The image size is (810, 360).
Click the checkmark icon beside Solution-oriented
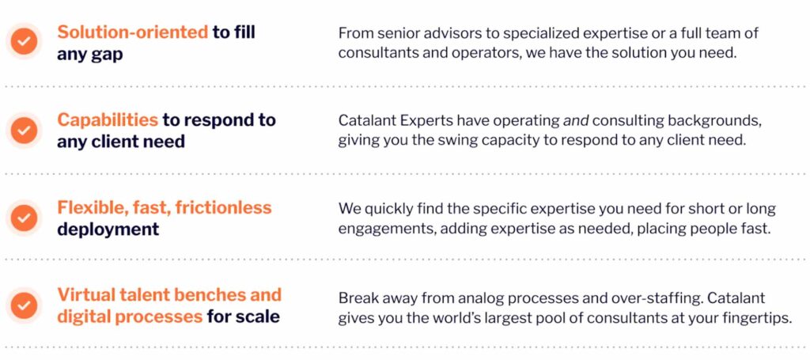pos(23,41)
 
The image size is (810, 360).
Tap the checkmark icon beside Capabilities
pos(23,130)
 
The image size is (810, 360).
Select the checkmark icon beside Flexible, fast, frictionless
pos(23,218)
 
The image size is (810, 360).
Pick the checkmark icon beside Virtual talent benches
pos(23,305)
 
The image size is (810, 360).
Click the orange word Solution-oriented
pos(132,32)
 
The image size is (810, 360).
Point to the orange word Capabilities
pos(108,120)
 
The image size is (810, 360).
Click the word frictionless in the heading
pos(223,207)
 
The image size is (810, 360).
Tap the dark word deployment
pos(108,229)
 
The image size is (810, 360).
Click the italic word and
pos(576,121)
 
